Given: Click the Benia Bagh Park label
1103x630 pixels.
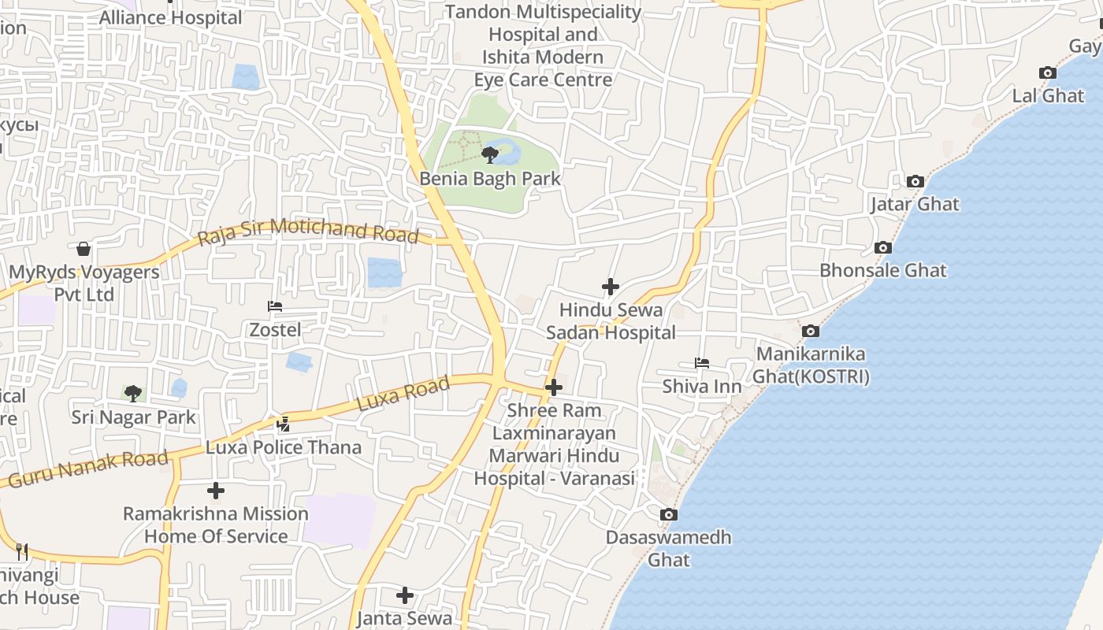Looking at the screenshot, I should (x=490, y=179).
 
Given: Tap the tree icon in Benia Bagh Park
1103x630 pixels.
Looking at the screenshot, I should (x=490, y=154).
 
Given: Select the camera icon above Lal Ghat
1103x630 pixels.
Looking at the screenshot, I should (x=1048, y=73).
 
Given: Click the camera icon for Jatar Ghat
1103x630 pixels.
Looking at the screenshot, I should (x=915, y=182).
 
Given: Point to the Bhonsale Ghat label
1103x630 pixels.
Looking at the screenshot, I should (x=883, y=270).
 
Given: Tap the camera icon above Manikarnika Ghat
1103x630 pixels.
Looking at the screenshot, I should (x=811, y=332).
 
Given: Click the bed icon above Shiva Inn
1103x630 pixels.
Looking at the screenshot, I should (x=702, y=363).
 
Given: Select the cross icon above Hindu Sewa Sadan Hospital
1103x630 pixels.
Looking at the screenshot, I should (x=611, y=287).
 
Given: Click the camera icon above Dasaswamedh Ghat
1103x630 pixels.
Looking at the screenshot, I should (x=669, y=515).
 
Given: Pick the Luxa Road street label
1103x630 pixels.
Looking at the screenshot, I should (x=403, y=393).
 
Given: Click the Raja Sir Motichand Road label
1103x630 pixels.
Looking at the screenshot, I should (x=308, y=231).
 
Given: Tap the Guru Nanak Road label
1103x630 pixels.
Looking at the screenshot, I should (x=88, y=468).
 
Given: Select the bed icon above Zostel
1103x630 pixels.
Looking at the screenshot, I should (x=275, y=306).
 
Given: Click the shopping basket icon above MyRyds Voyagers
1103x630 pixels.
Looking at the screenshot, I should (x=84, y=250).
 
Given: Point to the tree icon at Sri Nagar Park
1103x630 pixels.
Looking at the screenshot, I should (x=133, y=392).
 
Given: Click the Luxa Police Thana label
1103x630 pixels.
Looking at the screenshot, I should (x=284, y=447).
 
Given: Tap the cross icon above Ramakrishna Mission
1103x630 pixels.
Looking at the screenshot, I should (x=216, y=491).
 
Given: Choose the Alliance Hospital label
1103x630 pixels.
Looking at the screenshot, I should (x=171, y=17).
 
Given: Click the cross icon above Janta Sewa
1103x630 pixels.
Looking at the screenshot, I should (x=405, y=595).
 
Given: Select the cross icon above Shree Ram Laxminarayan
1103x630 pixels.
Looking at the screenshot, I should (x=554, y=387).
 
